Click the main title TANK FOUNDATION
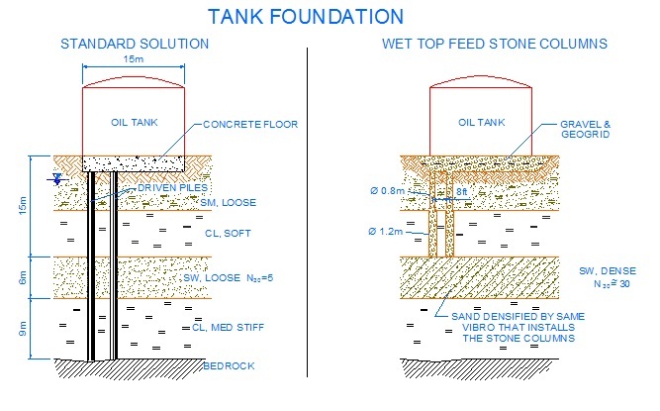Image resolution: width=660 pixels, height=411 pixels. point(306,17)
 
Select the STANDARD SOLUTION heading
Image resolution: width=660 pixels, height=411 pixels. point(135,45)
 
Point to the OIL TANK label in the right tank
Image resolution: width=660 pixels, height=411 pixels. point(484,123)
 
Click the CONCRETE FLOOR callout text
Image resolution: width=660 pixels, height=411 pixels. point(249,125)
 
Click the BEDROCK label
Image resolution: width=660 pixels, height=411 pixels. point(229,366)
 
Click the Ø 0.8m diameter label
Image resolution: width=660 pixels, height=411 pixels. point(393,190)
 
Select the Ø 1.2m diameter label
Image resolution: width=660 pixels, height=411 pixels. point(393,233)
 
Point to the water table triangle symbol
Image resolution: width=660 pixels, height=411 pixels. point(58,179)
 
